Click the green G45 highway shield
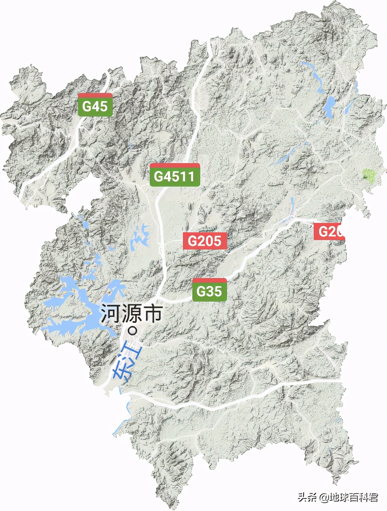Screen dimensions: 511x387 point(95,105)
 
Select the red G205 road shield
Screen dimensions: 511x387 point(205,241)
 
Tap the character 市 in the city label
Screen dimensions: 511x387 point(152,314)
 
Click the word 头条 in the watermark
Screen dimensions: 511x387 point(307,497)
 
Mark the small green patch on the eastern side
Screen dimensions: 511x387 point(369,175)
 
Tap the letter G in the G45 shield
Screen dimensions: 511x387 point(87,106)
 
